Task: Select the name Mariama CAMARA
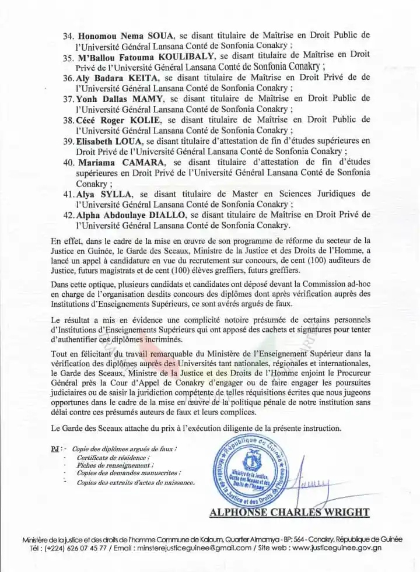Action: (113, 162)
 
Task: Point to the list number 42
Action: (69, 215)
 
